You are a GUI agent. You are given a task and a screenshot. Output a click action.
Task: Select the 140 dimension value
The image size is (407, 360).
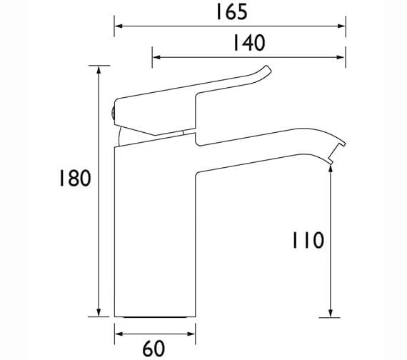(x=248, y=44)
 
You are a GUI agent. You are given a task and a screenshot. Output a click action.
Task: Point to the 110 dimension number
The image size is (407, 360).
(x=306, y=240)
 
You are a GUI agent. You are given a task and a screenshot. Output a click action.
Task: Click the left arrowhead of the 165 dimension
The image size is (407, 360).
(x=119, y=26)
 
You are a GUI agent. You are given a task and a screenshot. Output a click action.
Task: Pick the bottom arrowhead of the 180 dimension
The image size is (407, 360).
(x=98, y=312)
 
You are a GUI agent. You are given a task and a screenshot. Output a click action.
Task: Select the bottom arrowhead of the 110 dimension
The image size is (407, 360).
(x=330, y=312)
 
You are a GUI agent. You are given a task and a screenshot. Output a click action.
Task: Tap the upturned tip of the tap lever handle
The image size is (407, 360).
(x=266, y=70)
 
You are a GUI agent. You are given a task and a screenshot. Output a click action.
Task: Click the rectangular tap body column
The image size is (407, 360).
(x=154, y=229)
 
